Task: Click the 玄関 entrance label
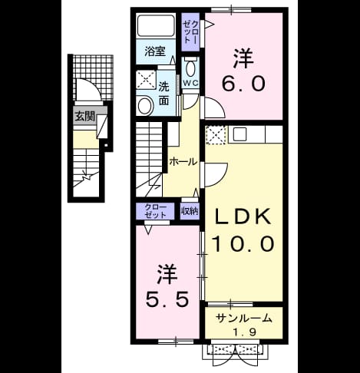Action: tap(84, 117)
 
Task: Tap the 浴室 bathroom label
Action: tap(155, 51)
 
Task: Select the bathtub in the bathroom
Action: tap(156, 25)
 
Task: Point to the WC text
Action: tap(190, 83)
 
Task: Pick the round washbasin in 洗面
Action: tap(144, 105)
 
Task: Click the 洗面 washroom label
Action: tap(163, 94)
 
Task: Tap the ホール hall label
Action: tap(183, 162)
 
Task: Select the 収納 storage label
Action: tap(190, 211)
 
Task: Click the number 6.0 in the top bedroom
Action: tap(243, 84)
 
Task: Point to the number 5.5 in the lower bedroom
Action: tap(167, 299)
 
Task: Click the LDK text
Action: tap(243, 217)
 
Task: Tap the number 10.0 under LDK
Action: tap(243, 244)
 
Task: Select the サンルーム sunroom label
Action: tap(243, 319)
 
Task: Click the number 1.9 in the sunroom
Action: tap(244, 332)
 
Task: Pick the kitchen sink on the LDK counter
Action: tap(239, 134)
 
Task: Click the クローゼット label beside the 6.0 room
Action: tap(190, 32)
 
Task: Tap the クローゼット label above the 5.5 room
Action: tap(155, 211)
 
